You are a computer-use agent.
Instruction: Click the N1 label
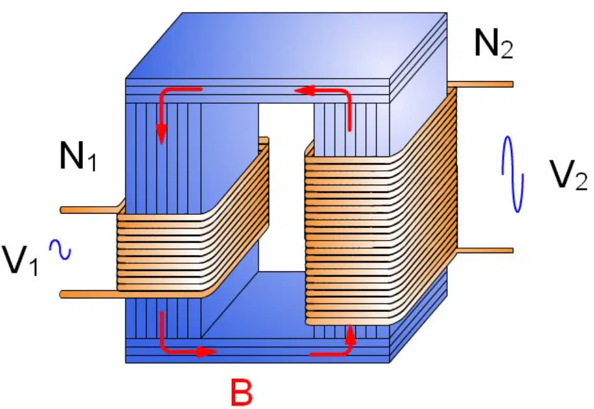78,155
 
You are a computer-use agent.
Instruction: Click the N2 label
493,44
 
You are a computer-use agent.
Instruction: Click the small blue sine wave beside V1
60,249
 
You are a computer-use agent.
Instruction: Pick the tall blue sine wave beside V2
512,174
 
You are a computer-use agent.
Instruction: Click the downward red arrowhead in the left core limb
162,134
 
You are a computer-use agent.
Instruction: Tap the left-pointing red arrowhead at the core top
305,90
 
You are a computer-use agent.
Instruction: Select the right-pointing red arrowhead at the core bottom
207,352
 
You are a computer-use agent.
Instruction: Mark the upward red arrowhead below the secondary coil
351,334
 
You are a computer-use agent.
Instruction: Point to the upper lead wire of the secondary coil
481,84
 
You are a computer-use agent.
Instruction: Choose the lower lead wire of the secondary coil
485,250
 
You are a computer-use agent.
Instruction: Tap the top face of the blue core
286,45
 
